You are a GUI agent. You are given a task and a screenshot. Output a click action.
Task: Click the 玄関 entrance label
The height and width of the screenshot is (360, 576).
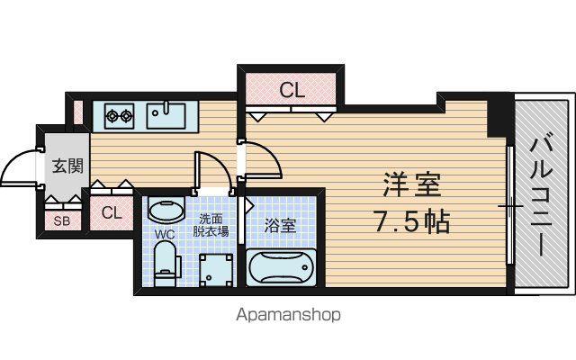67,166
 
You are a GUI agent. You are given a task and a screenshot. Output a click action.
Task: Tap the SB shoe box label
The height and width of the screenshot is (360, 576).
62,221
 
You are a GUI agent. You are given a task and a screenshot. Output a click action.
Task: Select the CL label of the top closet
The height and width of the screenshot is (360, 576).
292,90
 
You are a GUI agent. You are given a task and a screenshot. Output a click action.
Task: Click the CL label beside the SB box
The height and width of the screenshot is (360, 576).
112,212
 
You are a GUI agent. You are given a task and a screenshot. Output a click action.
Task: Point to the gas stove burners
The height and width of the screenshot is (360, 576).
119,116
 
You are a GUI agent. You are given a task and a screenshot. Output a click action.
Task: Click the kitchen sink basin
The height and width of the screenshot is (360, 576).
166,116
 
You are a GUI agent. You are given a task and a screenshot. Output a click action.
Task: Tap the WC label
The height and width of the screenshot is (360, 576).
165,234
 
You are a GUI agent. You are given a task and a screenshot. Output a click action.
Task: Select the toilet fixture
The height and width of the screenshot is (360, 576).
166,264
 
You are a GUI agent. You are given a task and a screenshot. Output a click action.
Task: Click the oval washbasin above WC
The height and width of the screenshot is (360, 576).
166,211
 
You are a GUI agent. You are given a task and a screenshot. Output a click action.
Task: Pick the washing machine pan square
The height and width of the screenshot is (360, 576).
216,270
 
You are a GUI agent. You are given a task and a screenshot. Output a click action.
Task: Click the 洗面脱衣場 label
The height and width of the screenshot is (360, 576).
211,225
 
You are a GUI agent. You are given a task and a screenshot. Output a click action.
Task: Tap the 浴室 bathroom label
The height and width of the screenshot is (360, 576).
280,226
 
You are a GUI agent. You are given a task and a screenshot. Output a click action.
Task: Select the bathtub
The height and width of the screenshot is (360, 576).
281,267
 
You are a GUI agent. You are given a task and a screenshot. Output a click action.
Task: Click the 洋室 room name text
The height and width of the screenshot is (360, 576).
412,184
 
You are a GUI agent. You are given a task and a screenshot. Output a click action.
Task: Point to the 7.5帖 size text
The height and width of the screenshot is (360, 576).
412,222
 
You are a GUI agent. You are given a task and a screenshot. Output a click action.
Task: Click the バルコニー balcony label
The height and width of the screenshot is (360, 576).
541,196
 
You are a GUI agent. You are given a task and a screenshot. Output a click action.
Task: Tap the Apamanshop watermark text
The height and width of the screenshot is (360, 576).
288,315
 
